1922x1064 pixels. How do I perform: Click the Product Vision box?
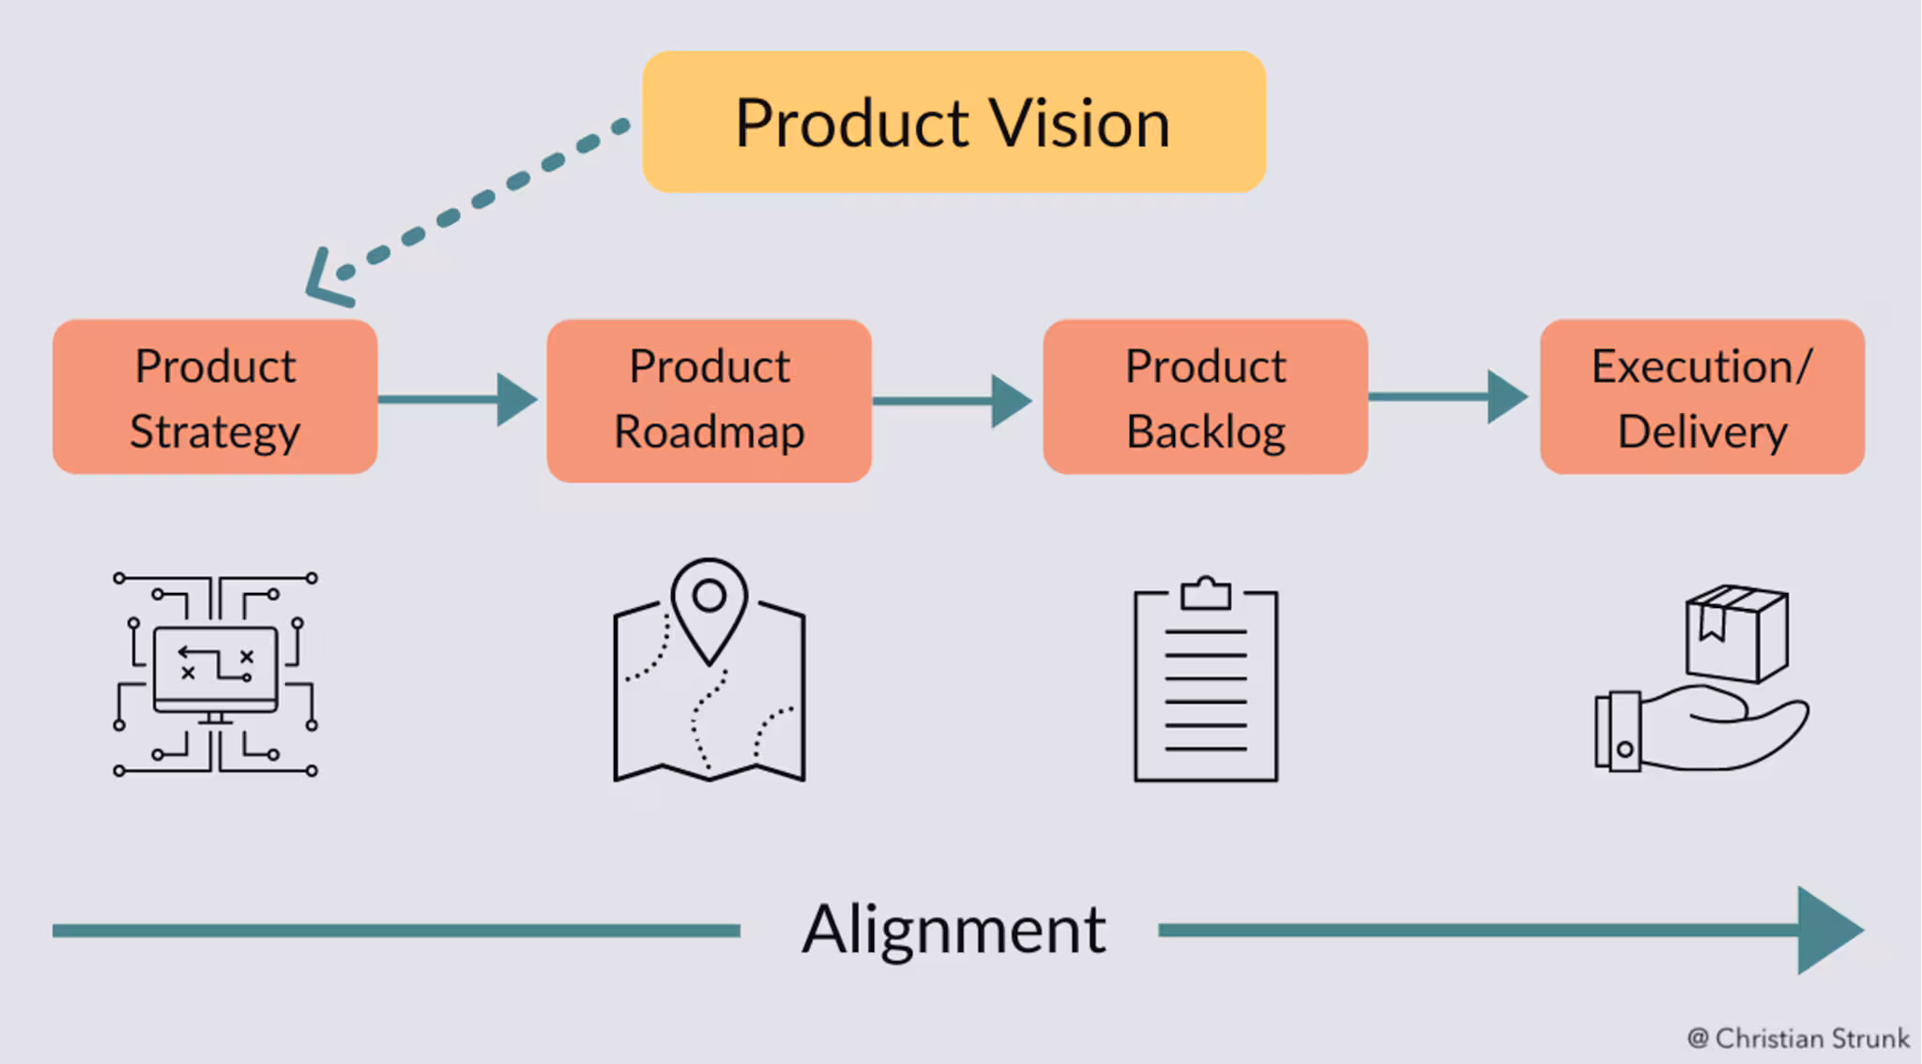coord(953,122)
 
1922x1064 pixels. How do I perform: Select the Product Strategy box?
coord(215,397)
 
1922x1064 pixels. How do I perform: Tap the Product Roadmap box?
coord(709,400)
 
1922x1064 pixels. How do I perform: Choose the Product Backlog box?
coord(1205,397)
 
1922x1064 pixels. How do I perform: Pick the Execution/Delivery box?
coord(1701,397)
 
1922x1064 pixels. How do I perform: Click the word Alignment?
coord(953,930)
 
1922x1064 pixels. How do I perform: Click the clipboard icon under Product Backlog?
coord(1206,685)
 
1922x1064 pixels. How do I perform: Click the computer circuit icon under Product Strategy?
coord(215,674)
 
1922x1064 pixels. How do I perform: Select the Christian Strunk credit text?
coord(1798,1038)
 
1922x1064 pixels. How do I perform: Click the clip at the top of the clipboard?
coord(1206,593)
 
